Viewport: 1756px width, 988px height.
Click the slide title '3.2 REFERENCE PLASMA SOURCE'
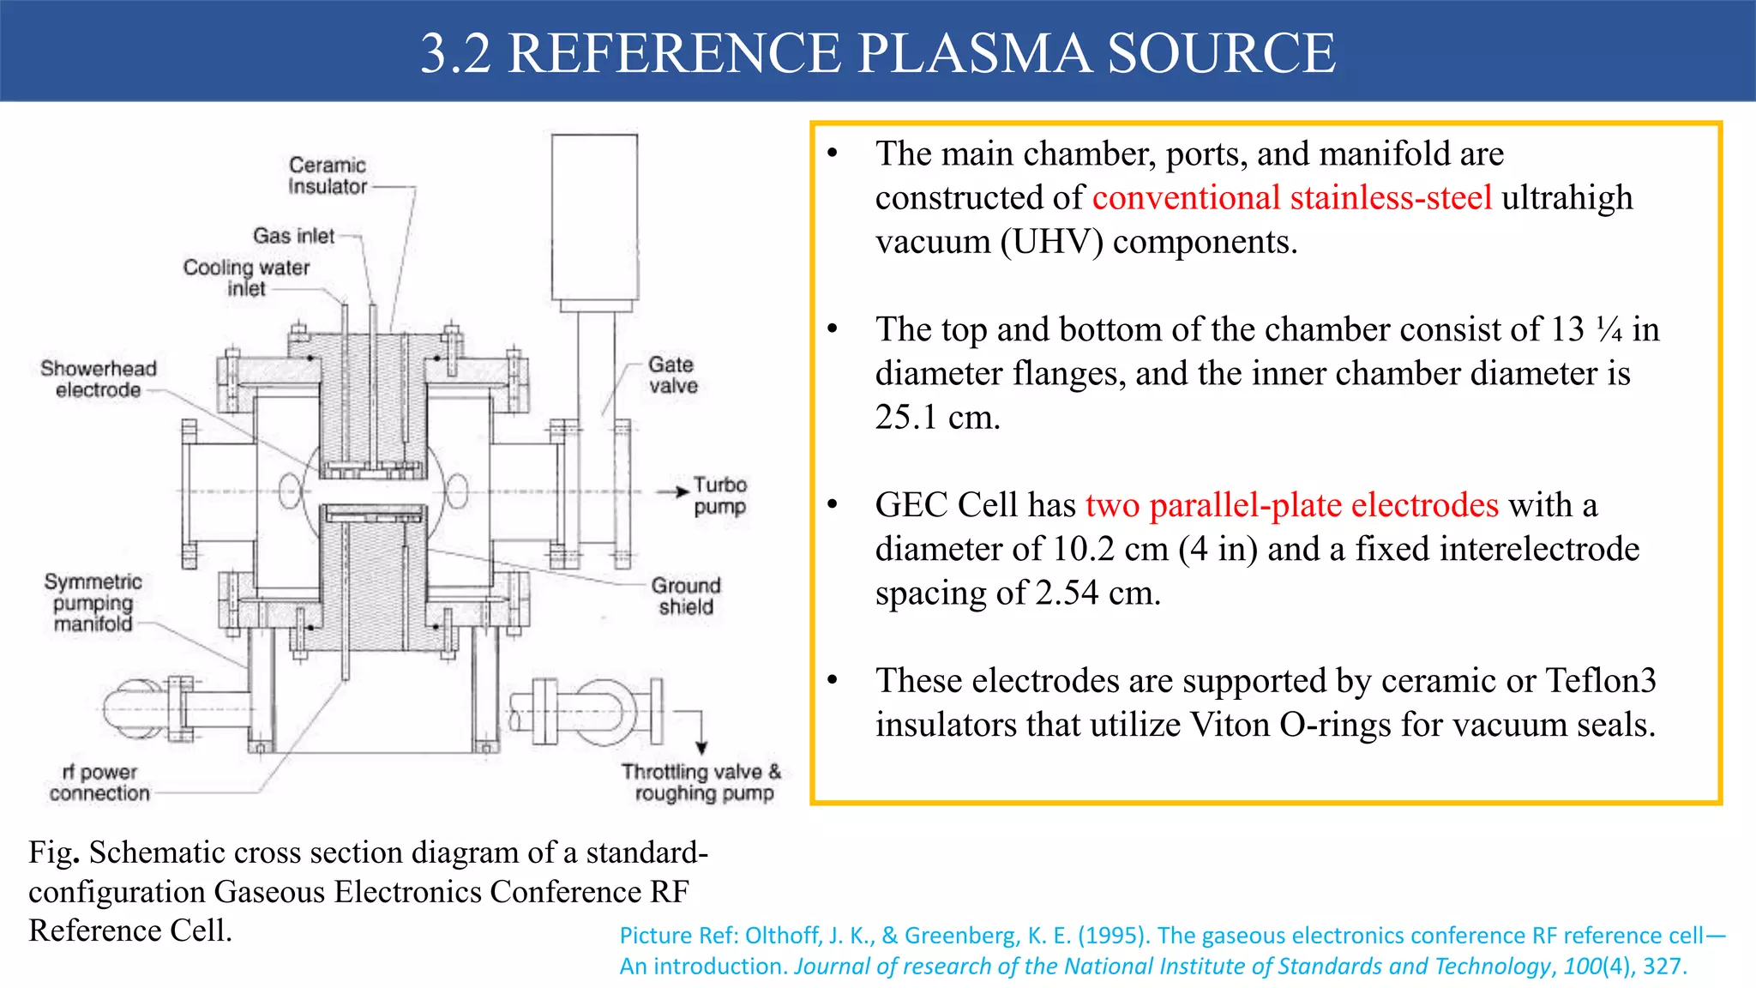[x=877, y=53]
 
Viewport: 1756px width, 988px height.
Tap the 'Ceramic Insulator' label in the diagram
[x=328, y=176]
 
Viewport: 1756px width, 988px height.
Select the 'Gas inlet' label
[x=293, y=236]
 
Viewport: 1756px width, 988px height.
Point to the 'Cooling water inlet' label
[x=246, y=278]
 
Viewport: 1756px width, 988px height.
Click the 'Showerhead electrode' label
[x=99, y=379]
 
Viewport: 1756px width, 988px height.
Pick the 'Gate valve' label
[x=672, y=376]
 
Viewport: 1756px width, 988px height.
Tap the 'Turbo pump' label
[x=720, y=496]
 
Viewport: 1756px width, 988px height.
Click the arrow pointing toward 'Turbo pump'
[x=673, y=491]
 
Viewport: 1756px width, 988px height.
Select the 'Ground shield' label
[x=686, y=596]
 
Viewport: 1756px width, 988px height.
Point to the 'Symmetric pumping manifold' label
[x=93, y=603]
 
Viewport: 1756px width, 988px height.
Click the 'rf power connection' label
[x=99, y=783]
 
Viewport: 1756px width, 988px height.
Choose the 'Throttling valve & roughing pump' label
[x=702, y=782]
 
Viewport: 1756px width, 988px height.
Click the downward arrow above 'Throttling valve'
[x=701, y=738]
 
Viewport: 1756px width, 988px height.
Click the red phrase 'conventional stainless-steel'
[x=1292, y=198]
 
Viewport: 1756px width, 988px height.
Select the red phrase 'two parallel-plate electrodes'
[x=1292, y=505]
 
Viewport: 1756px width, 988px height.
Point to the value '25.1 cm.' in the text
[x=937, y=418]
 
